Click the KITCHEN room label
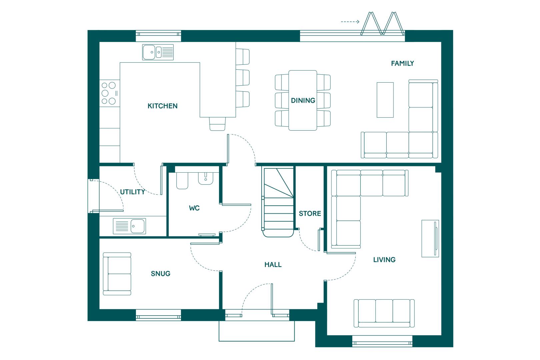[162, 106]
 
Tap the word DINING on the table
[303, 100]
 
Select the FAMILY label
[402, 63]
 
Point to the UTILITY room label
[133, 192]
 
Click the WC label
[194, 208]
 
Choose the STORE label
[310, 213]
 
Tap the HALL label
[273, 265]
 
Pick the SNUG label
[161, 273]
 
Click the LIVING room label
[384, 260]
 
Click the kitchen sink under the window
[158, 52]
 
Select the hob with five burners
[110, 93]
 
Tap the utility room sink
[129, 226]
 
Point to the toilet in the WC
[182, 180]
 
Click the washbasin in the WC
[206, 178]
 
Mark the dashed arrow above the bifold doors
[350, 22]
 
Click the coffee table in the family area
[385, 100]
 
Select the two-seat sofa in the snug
[117, 274]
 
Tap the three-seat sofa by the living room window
[384, 313]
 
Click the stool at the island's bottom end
[217, 124]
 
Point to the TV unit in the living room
[430, 238]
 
